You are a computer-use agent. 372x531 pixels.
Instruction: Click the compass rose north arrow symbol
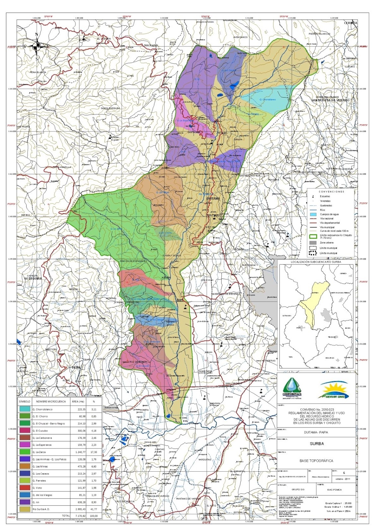37,45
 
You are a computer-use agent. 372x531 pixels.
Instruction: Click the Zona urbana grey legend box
313,243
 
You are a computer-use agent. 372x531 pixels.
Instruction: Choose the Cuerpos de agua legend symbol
313,214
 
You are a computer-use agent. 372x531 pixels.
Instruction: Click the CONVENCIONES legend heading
332,192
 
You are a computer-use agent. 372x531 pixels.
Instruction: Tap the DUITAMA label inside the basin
213,198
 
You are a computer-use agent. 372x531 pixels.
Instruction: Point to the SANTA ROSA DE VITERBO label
330,100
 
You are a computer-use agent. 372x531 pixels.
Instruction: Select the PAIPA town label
76,368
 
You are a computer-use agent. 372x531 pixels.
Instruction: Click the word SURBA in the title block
317,443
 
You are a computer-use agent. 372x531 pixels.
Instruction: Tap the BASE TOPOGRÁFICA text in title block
316,461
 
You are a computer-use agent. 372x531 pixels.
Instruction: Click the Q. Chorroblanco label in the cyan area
267,100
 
